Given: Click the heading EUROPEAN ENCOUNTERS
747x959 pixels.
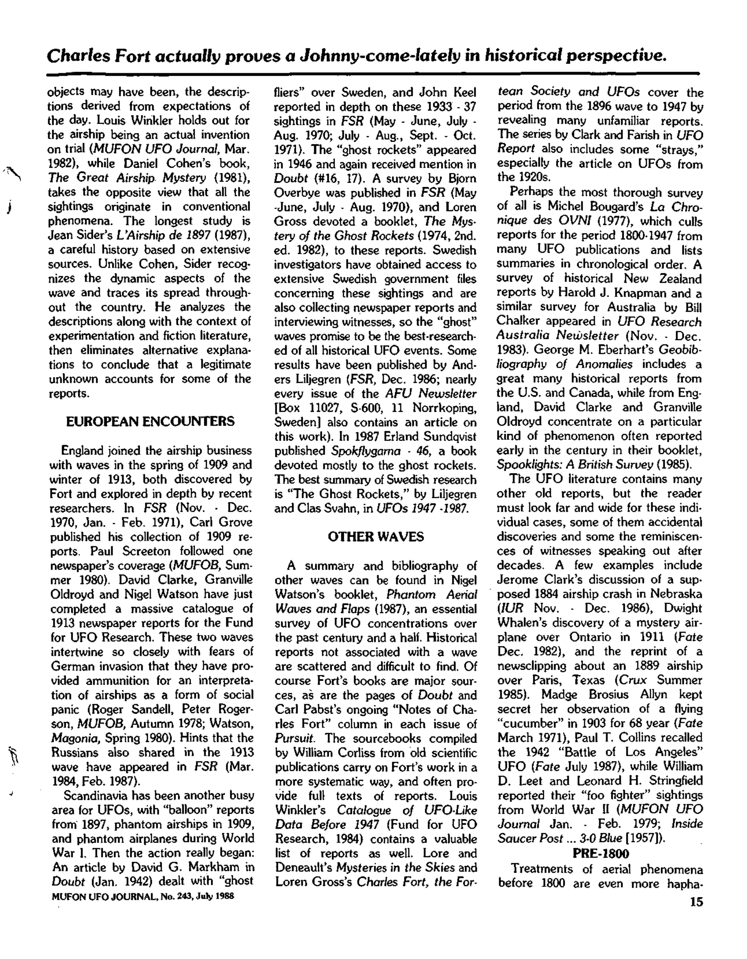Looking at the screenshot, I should point(150,421).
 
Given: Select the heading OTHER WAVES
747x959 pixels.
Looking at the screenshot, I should point(376,537).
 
